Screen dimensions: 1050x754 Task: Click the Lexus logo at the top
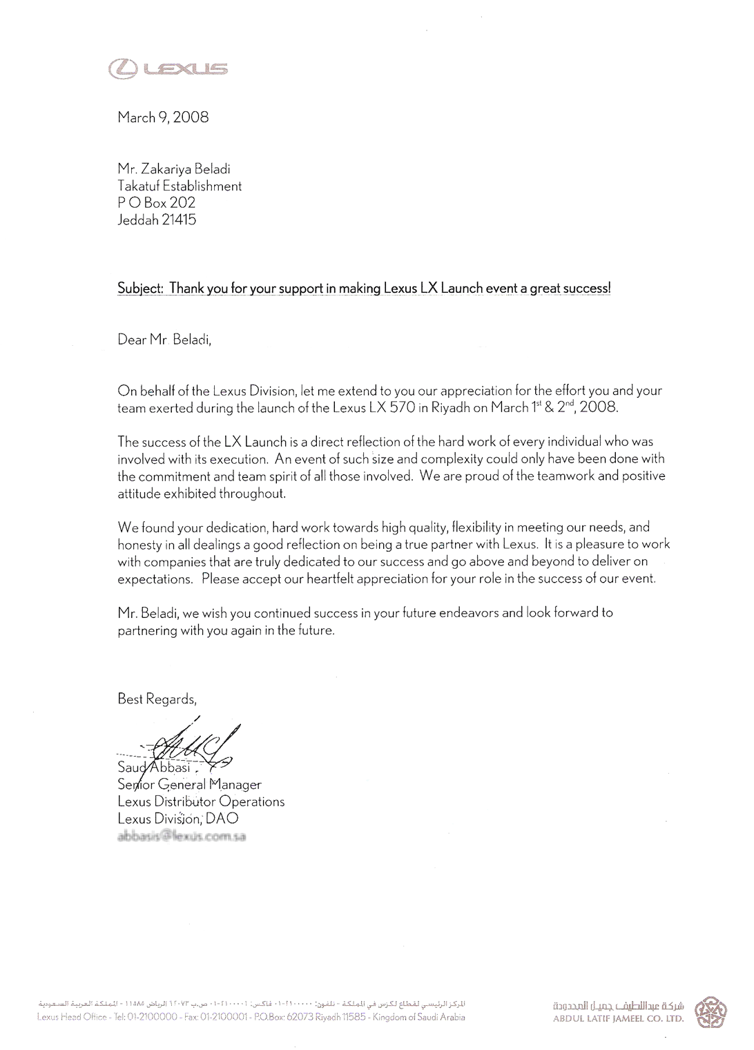168,68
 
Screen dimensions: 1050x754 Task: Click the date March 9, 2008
163,117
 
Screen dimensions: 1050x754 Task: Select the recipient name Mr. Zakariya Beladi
173,169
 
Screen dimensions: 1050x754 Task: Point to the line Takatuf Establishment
180,186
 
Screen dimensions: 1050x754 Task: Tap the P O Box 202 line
157,202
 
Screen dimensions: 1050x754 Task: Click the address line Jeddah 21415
157,220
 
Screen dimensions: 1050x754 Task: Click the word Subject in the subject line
140,289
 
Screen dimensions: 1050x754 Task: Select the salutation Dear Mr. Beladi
164,340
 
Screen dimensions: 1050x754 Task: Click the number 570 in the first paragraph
402,407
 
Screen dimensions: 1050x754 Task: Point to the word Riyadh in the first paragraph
451,407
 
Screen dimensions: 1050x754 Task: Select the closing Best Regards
157,699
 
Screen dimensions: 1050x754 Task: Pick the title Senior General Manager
190,784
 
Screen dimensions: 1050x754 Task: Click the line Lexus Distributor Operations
201,801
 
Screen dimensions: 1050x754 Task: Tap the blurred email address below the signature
182,836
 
